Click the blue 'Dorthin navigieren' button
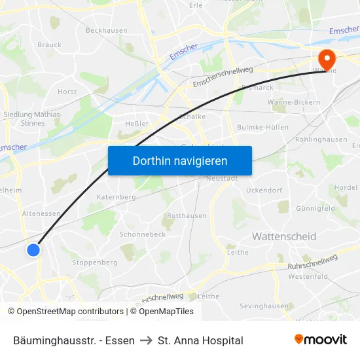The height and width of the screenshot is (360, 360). pos(180,160)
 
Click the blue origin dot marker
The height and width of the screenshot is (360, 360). pos(33,249)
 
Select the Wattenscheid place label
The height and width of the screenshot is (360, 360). pos(284,236)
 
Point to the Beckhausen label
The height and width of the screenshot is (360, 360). pos(106,30)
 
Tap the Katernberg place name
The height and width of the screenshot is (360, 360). pos(116,196)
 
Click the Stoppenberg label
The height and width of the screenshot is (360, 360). pos(95,262)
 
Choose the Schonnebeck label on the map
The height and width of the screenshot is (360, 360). pos(142,234)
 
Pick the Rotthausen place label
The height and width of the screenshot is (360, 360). pos(187,215)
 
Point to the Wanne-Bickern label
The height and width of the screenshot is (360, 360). pos(294,102)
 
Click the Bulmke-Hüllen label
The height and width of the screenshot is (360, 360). pos(262,127)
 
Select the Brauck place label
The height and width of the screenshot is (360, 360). pos(50,45)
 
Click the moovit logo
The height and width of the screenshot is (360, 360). pos(321,340)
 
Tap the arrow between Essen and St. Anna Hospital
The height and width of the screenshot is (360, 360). pos(146,340)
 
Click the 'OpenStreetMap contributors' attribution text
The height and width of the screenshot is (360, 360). pos(70,312)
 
